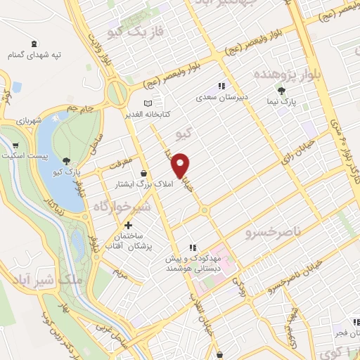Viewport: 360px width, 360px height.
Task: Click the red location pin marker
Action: point(181,166)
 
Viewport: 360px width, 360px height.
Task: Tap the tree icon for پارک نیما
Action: point(282,91)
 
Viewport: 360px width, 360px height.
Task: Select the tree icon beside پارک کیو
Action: point(67,161)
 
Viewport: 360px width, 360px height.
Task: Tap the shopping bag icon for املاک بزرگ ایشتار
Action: point(144,173)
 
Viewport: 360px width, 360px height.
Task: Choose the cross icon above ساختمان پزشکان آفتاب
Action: point(128,225)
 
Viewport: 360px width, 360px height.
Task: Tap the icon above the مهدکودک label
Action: point(192,247)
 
